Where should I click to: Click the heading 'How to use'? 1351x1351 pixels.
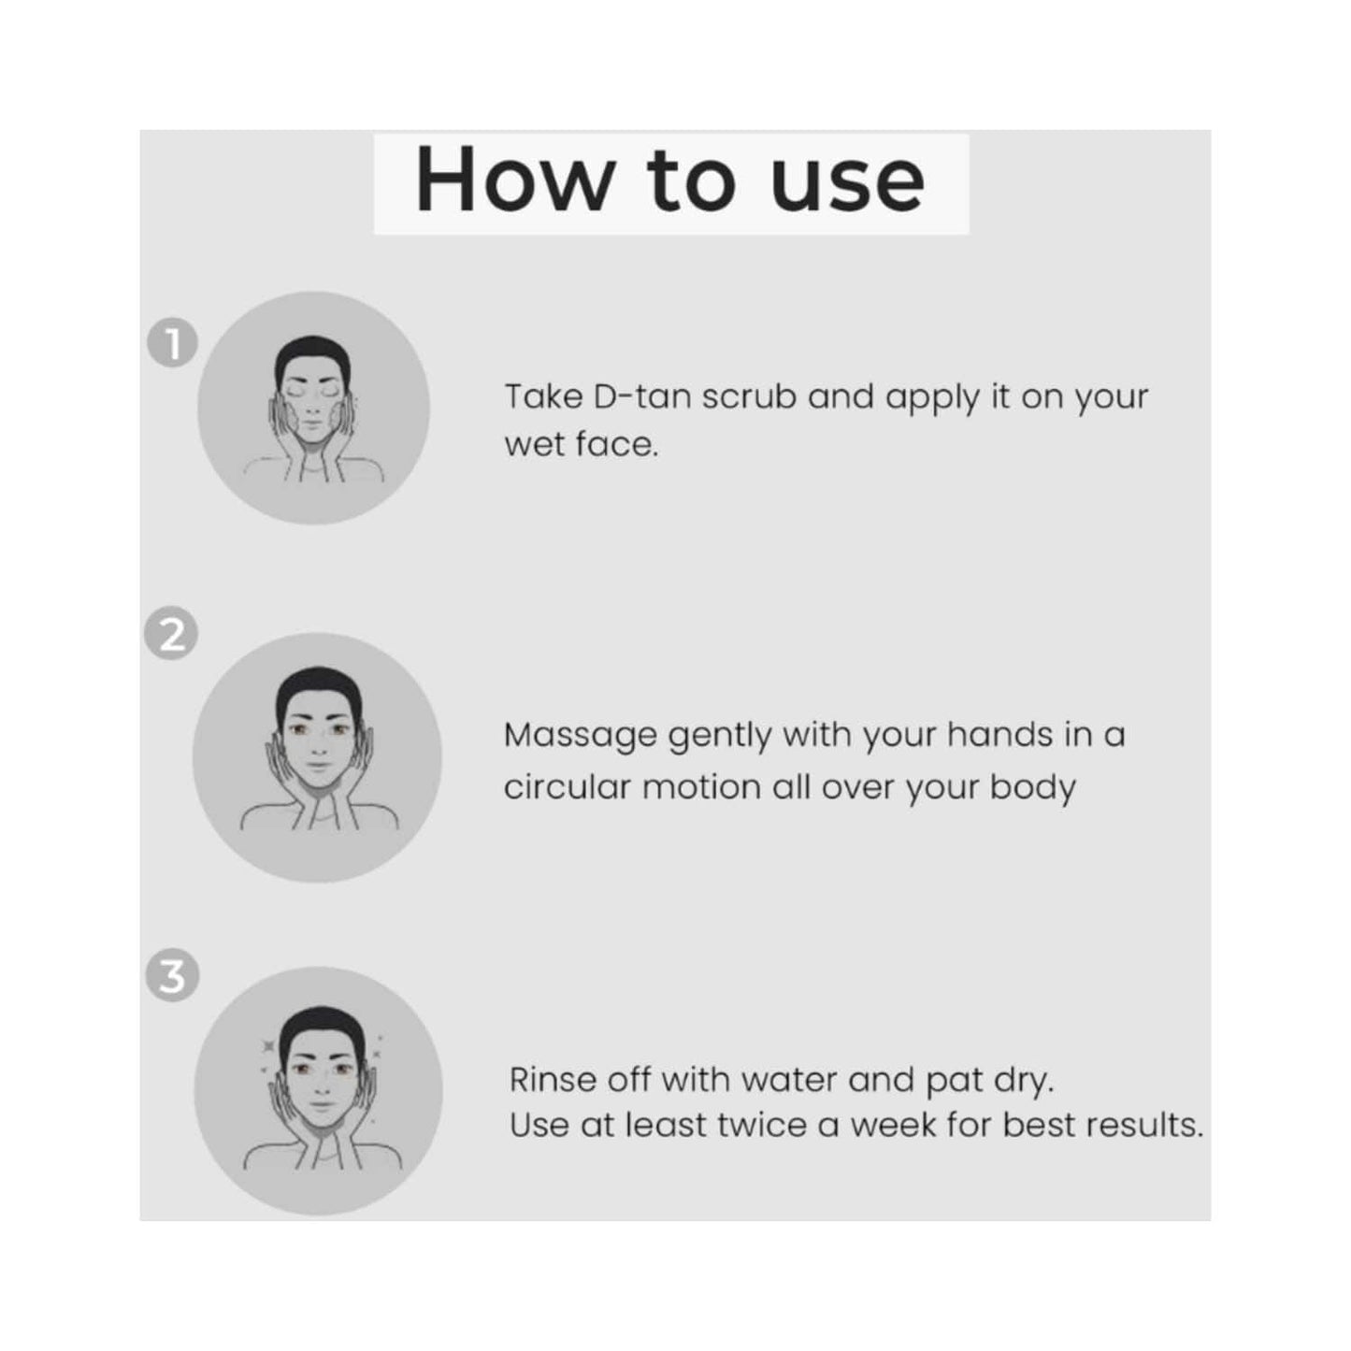(670, 180)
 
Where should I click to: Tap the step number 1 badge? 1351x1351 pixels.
(173, 344)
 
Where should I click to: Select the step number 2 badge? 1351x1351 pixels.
(171, 636)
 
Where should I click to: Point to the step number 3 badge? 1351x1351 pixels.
(173, 976)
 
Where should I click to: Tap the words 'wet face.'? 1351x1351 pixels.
(582, 445)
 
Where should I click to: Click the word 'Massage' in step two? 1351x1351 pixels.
(581, 737)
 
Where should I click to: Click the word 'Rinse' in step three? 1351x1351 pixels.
(553, 1080)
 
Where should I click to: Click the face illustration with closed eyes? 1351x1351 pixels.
(314, 409)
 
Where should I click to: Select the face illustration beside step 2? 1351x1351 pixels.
(317, 756)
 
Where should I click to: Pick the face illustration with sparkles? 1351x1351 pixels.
(319, 1091)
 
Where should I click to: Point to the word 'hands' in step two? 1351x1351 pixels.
(999, 736)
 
